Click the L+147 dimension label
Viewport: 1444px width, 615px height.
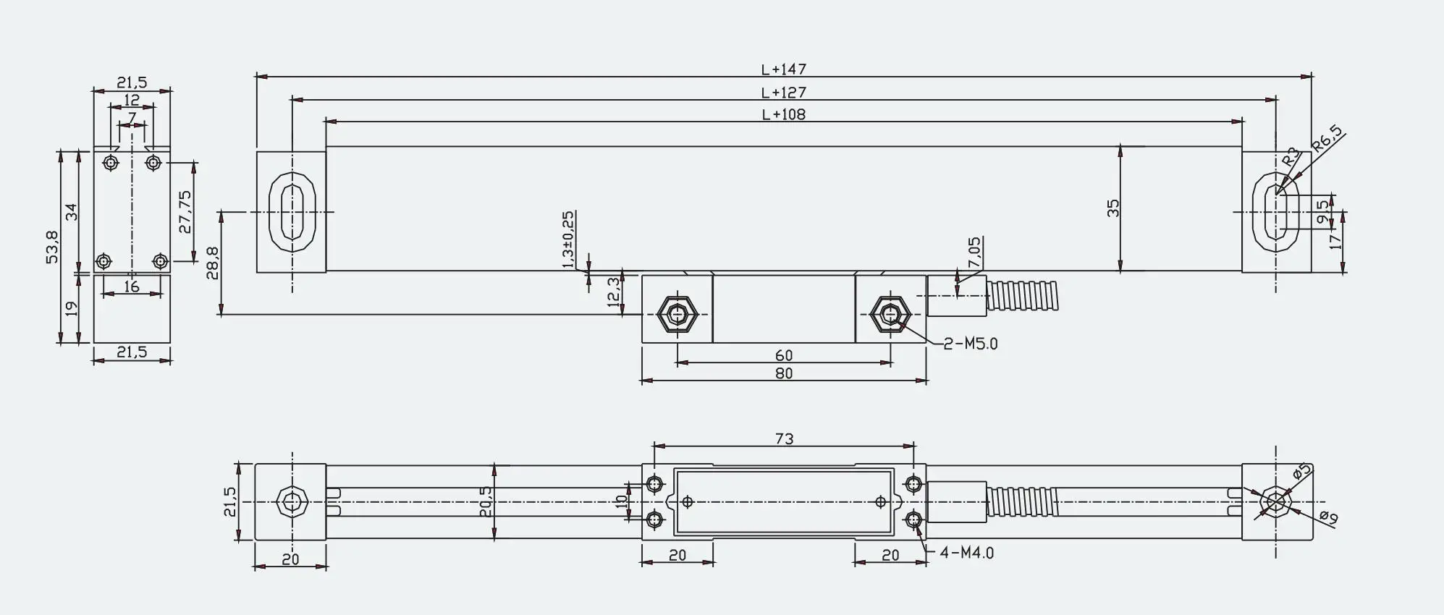[x=783, y=69]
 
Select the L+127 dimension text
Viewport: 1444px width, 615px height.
[x=783, y=93]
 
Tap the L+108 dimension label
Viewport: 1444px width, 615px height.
[x=783, y=114]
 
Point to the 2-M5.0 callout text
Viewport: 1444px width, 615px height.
[x=971, y=344]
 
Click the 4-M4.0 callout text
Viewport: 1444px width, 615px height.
[x=966, y=553]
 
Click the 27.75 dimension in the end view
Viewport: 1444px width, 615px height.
[x=185, y=211]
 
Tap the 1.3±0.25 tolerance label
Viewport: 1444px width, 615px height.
[x=568, y=240]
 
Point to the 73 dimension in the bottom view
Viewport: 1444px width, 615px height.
[x=784, y=439]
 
